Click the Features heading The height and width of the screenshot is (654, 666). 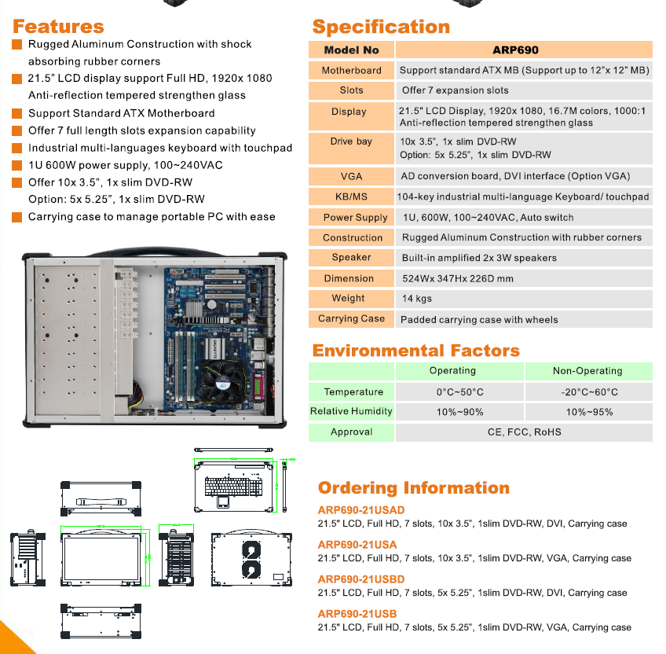(x=58, y=27)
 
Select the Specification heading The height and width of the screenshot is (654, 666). (x=381, y=27)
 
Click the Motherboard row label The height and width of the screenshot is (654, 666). (x=351, y=70)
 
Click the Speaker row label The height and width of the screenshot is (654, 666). (x=351, y=257)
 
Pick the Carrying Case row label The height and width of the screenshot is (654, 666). (x=351, y=318)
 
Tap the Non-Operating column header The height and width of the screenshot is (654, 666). (x=587, y=371)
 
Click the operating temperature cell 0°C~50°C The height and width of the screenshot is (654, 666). (x=459, y=391)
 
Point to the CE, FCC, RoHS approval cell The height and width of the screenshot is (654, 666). (x=524, y=432)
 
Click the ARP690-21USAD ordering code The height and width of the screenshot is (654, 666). (x=361, y=510)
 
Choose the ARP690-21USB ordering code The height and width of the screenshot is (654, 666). (x=357, y=614)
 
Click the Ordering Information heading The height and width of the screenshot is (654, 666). (x=413, y=488)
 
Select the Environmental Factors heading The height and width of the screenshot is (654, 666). (x=415, y=351)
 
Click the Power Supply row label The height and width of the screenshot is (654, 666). (x=355, y=218)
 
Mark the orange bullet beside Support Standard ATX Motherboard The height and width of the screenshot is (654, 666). (x=17, y=113)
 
